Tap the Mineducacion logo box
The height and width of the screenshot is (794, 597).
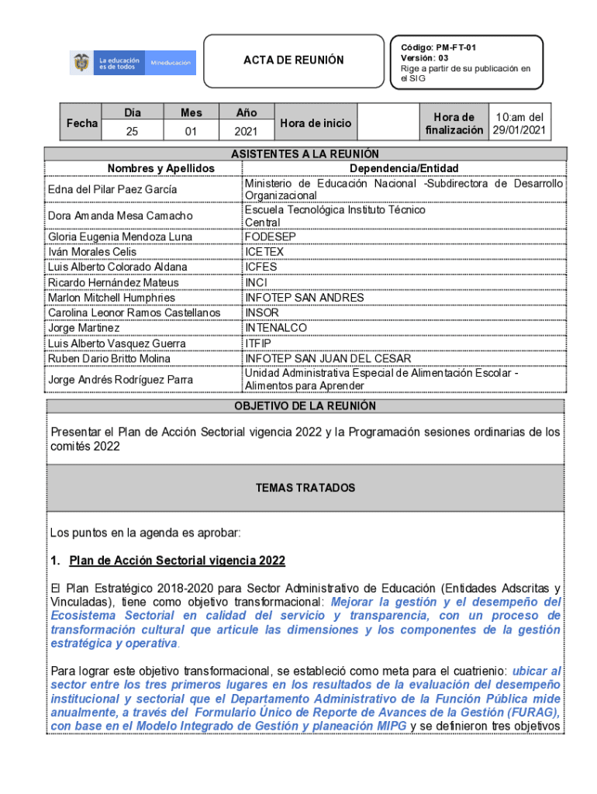pyautogui.click(x=170, y=63)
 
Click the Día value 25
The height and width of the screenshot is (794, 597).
pyautogui.click(x=132, y=132)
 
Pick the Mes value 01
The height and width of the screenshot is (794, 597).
pyautogui.click(x=191, y=132)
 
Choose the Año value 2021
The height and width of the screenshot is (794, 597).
pyautogui.click(x=246, y=132)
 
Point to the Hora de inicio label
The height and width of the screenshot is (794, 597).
pyautogui.click(x=316, y=123)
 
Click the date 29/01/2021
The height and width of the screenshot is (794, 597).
pyautogui.click(x=519, y=129)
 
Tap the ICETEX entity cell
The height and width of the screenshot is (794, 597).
pyautogui.click(x=264, y=252)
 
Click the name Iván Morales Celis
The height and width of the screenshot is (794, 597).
pyautogui.click(x=92, y=252)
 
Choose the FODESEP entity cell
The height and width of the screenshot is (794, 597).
pyautogui.click(x=271, y=236)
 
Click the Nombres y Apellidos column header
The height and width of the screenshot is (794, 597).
pyautogui.click(x=160, y=168)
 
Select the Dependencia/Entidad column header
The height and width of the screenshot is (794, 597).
pyautogui.click(x=403, y=168)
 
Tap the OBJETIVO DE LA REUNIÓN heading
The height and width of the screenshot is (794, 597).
pyautogui.click(x=305, y=406)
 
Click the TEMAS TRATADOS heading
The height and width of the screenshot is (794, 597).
pyautogui.click(x=305, y=488)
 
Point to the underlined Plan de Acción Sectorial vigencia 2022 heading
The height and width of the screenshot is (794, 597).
pyautogui.click(x=177, y=561)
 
